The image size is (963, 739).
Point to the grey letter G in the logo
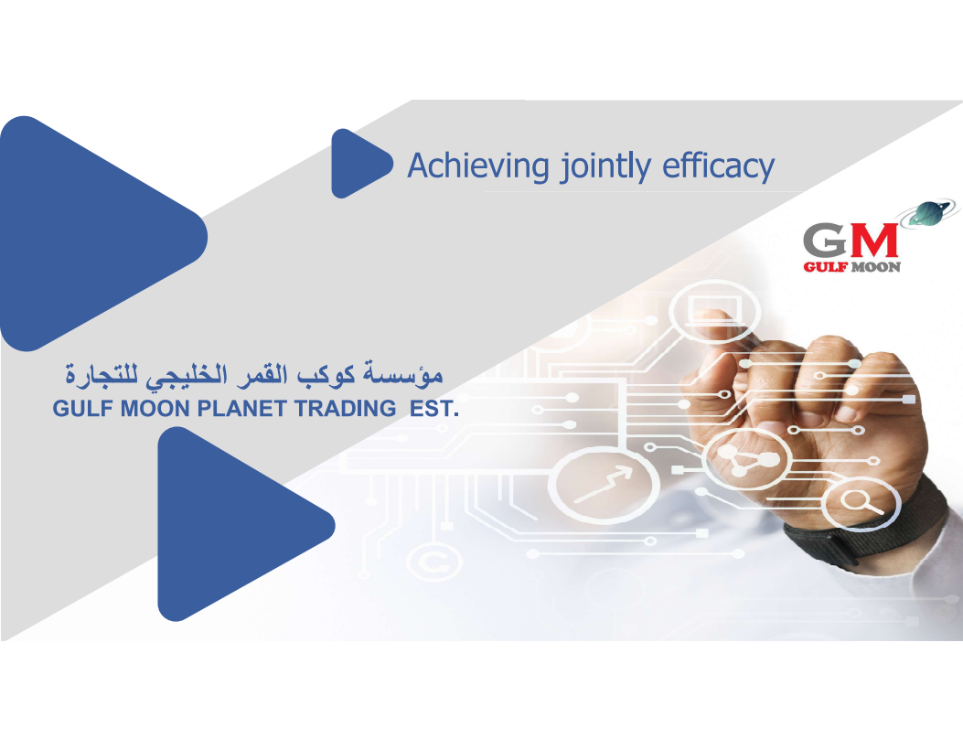pos(826,241)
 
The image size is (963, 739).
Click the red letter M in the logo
pos(873,241)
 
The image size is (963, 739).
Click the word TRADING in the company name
pos(346,409)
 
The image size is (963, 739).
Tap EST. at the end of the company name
pos(434,409)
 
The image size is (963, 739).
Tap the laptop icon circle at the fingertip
pos(713,311)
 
